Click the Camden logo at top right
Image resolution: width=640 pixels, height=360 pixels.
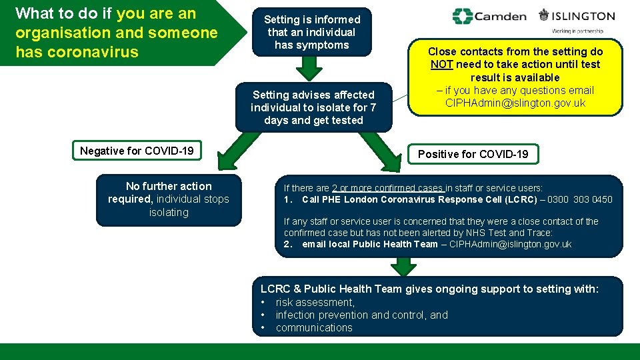tap(489, 16)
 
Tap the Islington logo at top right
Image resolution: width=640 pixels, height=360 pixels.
tap(577, 16)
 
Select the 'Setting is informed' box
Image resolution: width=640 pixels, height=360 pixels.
tap(312, 32)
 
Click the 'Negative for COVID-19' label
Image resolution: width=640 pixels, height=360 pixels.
tap(137, 151)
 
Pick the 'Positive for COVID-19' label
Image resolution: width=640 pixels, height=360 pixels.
tap(473, 154)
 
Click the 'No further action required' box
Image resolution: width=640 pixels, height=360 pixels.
tap(169, 199)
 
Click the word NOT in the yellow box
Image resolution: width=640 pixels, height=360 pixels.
tap(441, 65)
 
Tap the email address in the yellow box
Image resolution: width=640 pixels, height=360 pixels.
tap(515, 103)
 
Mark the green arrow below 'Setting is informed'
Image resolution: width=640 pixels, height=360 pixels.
tap(308, 69)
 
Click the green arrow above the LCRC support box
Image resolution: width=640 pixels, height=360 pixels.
tap(403, 265)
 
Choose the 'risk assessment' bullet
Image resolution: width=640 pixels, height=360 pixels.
tap(315, 302)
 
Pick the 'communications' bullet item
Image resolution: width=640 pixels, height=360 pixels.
tap(313, 327)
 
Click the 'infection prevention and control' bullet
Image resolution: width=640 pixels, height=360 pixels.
tap(361, 315)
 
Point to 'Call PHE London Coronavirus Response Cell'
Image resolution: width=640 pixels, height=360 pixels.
tap(419, 199)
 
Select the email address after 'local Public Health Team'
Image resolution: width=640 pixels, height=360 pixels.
tap(510, 244)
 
